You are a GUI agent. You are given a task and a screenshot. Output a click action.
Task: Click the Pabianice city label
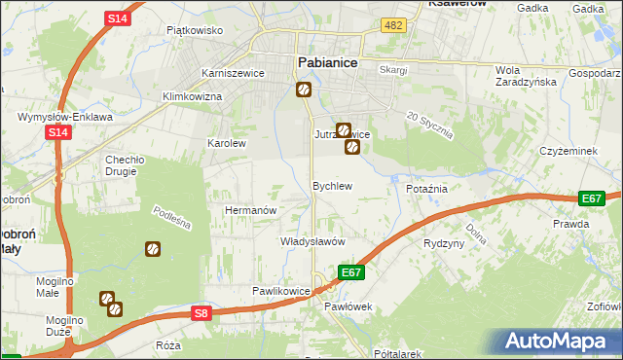click(x=326, y=62)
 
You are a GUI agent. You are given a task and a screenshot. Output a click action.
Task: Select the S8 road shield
click(x=201, y=312)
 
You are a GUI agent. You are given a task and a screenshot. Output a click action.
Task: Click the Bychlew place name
click(x=331, y=185)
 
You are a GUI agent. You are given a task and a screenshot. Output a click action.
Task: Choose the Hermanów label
click(x=252, y=210)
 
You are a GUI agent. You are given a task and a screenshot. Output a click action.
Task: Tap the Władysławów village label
click(x=312, y=240)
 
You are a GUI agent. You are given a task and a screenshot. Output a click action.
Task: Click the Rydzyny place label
click(x=444, y=243)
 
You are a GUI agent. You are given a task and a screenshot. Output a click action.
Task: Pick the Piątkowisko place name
click(x=195, y=30)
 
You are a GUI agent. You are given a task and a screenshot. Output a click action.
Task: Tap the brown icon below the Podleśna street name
click(x=153, y=250)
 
